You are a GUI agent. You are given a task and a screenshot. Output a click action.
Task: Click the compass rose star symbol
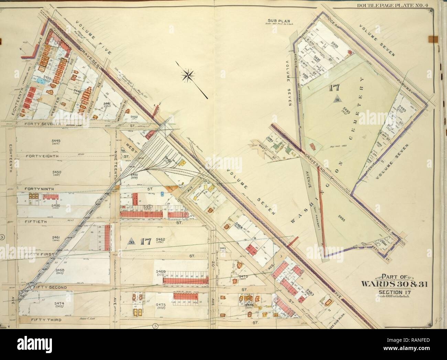coord(188,76)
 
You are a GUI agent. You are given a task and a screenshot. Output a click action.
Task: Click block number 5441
coord(106,104)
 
